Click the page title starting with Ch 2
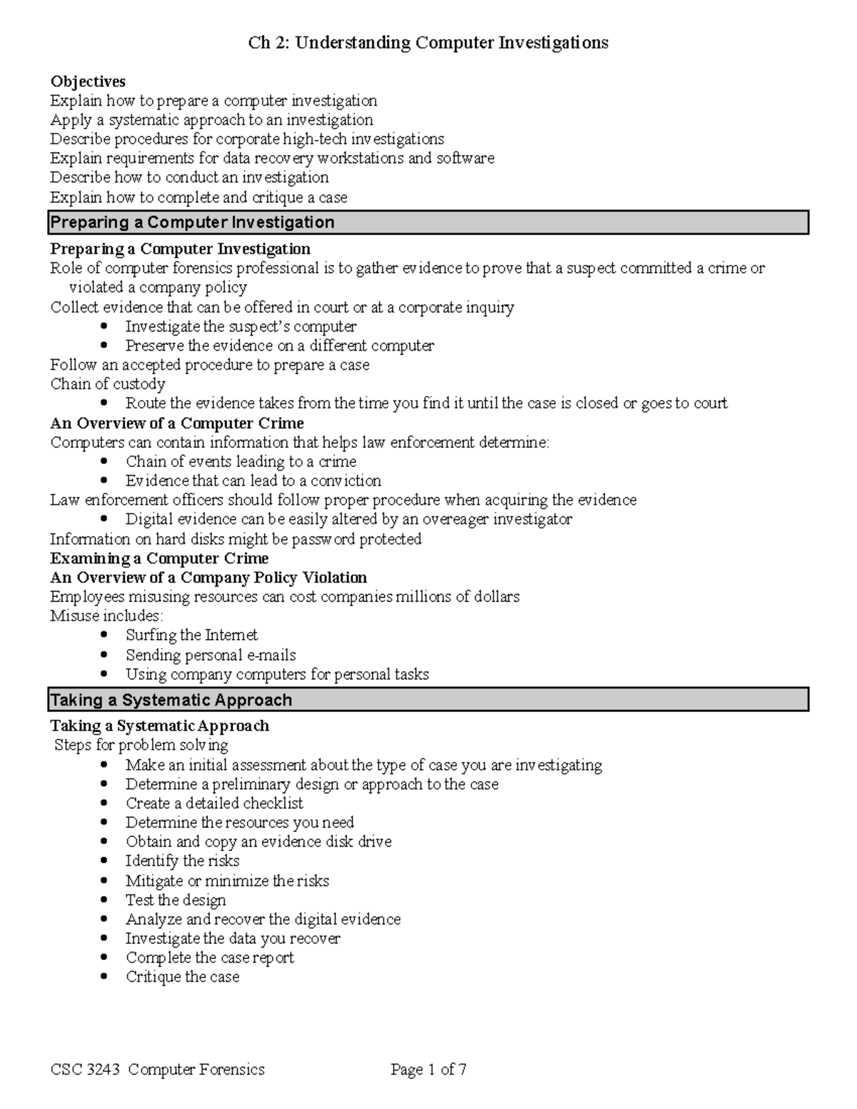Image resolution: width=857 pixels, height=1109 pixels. click(x=428, y=43)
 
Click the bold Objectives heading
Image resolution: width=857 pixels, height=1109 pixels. click(x=87, y=81)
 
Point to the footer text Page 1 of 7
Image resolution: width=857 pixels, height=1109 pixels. click(x=428, y=1070)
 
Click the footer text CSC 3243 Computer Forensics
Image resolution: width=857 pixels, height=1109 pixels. click(x=157, y=1070)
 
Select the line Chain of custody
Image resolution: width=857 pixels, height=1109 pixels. click(x=107, y=384)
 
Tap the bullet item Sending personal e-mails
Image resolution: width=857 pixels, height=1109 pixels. click(x=211, y=655)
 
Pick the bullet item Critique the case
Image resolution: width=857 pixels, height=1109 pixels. click(x=182, y=977)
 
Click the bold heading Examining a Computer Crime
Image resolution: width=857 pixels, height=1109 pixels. click(x=159, y=558)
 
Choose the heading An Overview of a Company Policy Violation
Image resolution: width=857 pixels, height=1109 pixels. click(x=208, y=578)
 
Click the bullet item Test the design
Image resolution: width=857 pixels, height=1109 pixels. click(x=176, y=900)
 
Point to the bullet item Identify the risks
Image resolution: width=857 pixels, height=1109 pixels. click(x=182, y=861)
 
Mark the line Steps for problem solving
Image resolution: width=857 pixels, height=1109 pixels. click(x=141, y=746)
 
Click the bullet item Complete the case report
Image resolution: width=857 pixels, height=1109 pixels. click(x=210, y=958)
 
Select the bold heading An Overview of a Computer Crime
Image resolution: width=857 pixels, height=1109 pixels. click(x=176, y=423)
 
